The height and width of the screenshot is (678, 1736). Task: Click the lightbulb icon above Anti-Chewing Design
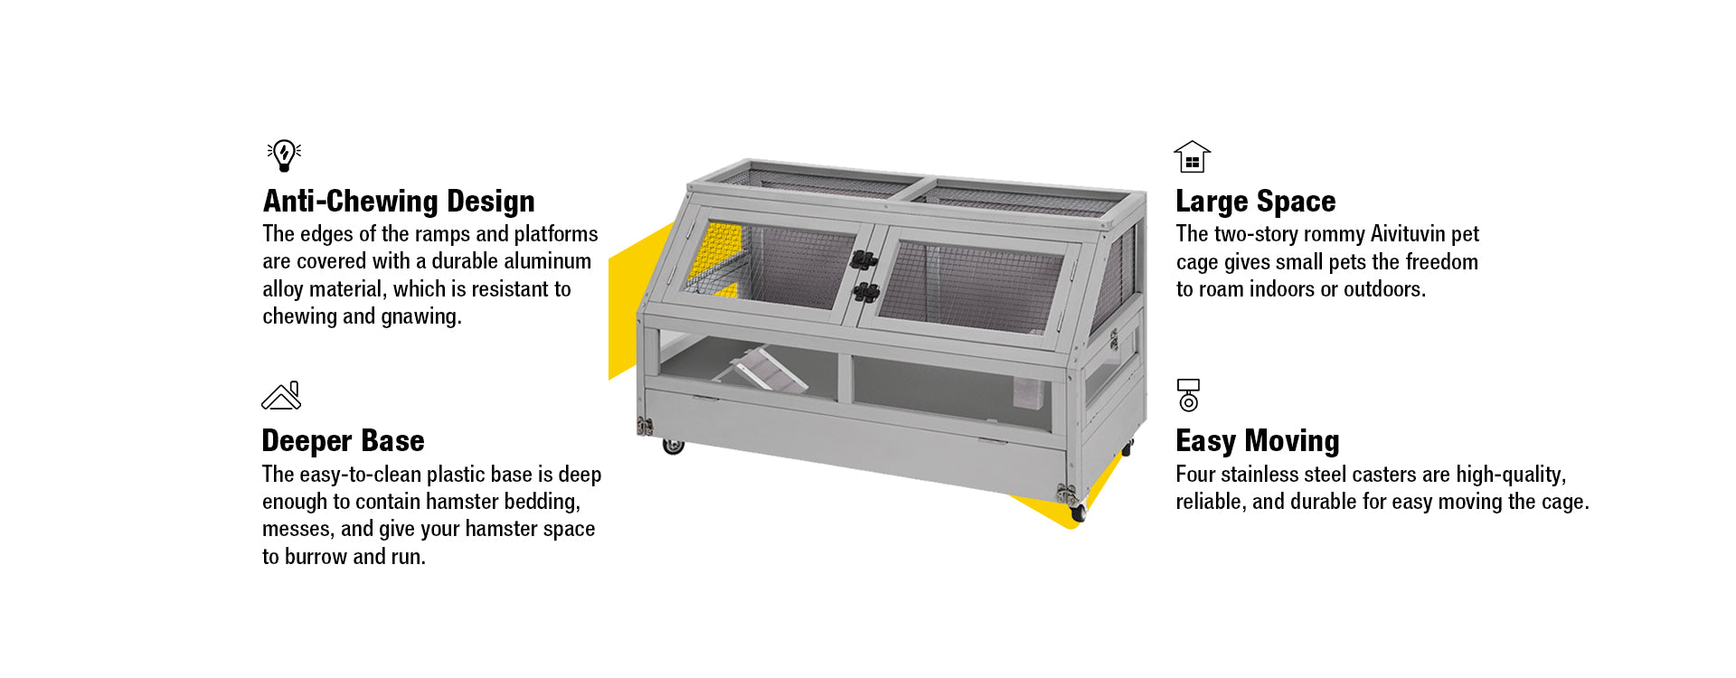coord(284,155)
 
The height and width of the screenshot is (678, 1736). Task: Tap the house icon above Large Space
coord(1192,156)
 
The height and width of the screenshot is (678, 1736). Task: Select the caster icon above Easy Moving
coord(1188,395)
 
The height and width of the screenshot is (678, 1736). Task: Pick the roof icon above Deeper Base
coord(281,396)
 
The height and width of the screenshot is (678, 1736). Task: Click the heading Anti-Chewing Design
coord(399,201)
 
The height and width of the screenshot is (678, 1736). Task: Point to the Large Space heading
coord(1255,201)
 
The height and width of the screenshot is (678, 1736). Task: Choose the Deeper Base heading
coord(343,440)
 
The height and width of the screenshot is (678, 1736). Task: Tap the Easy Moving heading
coord(1257,440)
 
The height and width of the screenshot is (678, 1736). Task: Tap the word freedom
coord(1438,262)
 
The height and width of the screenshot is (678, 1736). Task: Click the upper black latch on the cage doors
coord(863,260)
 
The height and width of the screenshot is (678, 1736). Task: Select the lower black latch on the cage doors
coord(865,292)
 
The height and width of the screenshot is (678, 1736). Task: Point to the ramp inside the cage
coord(764,371)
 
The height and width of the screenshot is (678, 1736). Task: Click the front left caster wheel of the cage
coord(673,446)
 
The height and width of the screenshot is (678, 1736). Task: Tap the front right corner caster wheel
coord(1077,513)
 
